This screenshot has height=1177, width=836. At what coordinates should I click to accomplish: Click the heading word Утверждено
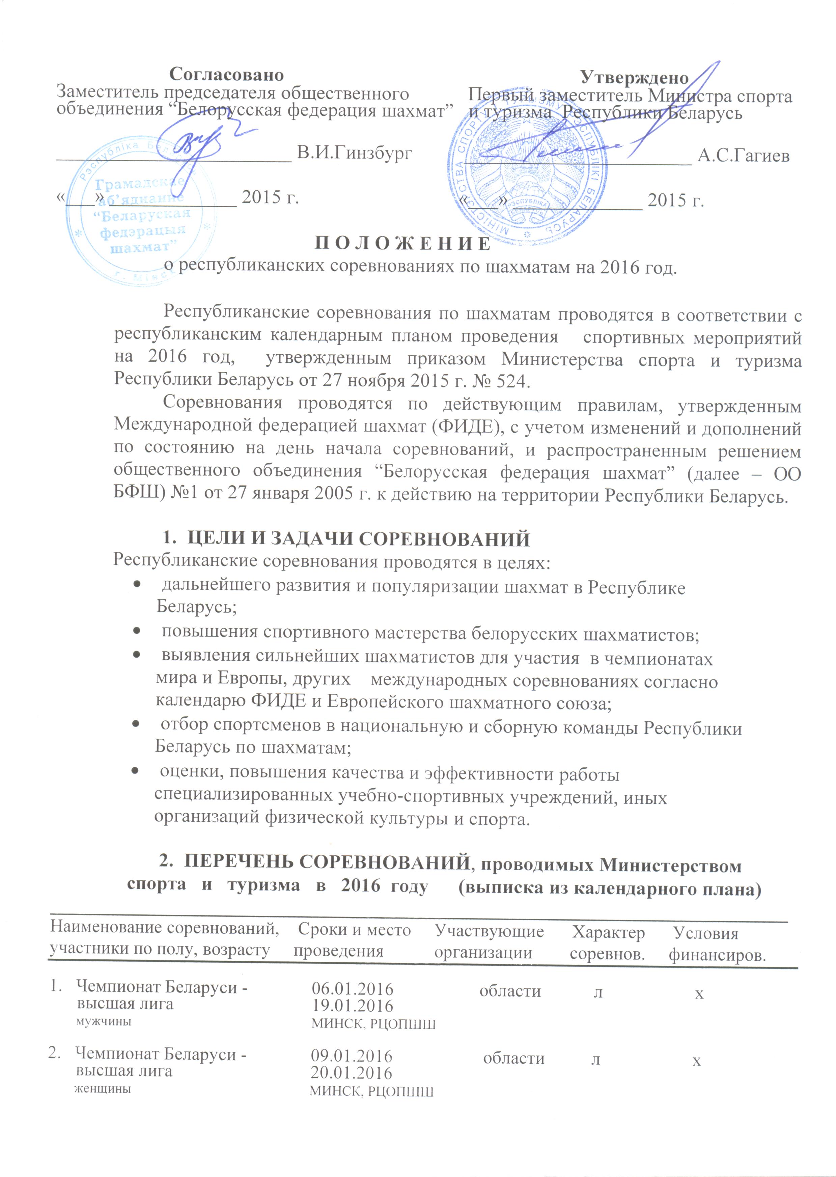pyautogui.click(x=634, y=78)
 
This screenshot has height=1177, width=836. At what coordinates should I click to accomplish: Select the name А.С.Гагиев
pyautogui.click(x=743, y=156)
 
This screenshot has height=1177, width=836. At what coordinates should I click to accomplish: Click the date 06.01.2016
pyautogui.click(x=353, y=989)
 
